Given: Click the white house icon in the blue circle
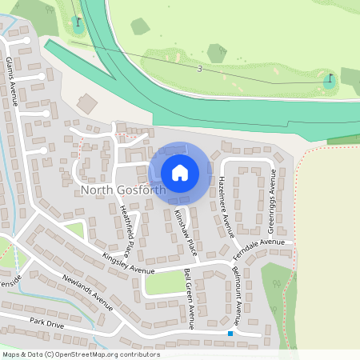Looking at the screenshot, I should [x=180, y=172].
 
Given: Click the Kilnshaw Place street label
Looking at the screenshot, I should [x=185, y=231].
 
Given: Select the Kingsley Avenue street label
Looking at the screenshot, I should [x=128, y=264].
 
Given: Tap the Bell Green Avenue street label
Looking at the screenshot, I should [x=189, y=298].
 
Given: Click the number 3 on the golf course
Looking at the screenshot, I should [x=199, y=69].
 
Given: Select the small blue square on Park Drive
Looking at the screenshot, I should [x=230, y=333].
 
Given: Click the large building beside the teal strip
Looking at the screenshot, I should [x=86, y=103].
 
